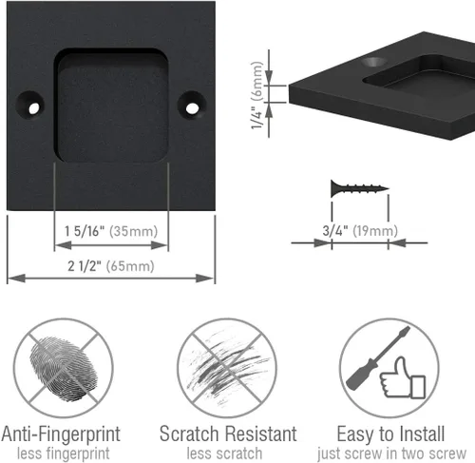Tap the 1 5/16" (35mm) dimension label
(x=111, y=231)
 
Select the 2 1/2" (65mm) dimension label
(x=111, y=266)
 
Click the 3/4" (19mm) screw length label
(x=360, y=230)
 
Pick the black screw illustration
(x=360, y=188)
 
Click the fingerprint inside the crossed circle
(x=64, y=369)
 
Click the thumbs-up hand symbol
(x=402, y=378)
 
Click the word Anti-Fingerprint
(x=61, y=434)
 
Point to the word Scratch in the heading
(x=189, y=434)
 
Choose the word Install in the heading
(x=422, y=434)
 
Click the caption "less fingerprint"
(x=64, y=453)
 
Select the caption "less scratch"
(x=224, y=453)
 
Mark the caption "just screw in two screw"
(x=391, y=453)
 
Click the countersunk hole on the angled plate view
(x=374, y=62)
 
